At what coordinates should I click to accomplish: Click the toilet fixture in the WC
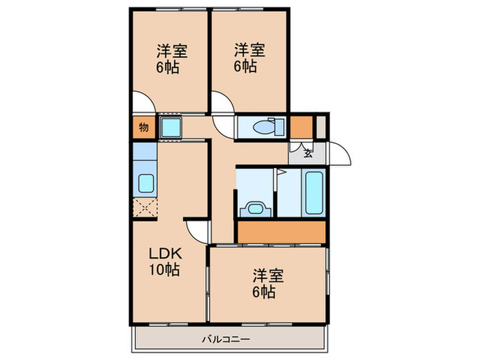pos(264,127)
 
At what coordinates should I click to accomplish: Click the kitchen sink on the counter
pos(145,183)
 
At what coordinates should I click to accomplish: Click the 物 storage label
pos(143,127)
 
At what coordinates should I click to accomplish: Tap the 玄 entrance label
pos(307,154)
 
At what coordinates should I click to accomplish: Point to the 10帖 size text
pos(165,270)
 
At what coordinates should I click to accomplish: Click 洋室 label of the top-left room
pos(172,51)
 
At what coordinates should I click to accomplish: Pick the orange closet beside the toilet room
pos(300,127)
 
